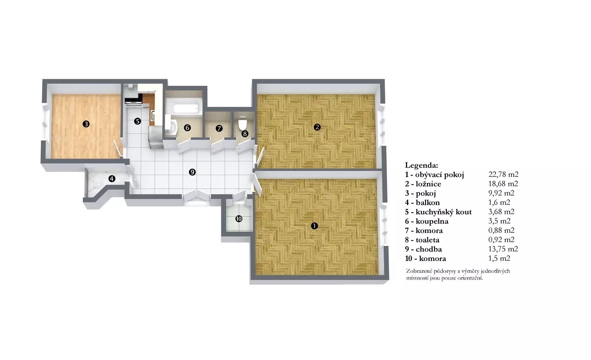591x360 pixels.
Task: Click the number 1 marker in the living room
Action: pos(314,226)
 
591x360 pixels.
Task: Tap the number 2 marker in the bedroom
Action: pos(317,127)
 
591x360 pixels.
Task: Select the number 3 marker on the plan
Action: pos(86,124)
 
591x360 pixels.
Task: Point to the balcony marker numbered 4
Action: pos(112,179)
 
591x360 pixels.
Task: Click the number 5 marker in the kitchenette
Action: pos(137,121)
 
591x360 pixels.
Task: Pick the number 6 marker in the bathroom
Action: pos(187,128)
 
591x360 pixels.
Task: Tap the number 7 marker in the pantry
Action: pos(219,129)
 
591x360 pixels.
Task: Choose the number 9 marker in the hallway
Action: pos(192,172)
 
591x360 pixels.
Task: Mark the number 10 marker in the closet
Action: pos(239,219)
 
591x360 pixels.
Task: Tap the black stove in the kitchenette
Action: pos(134,101)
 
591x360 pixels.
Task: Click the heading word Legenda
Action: pos(421,166)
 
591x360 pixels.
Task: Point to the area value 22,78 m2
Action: pos(503,174)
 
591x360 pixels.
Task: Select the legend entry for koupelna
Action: pos(427,221)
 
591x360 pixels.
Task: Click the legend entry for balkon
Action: pos(423,203)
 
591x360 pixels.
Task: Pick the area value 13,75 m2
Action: pos(503,249)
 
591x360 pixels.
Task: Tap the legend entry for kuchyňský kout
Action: pos(438,212)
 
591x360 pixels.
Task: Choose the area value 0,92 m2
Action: pos(501,240)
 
